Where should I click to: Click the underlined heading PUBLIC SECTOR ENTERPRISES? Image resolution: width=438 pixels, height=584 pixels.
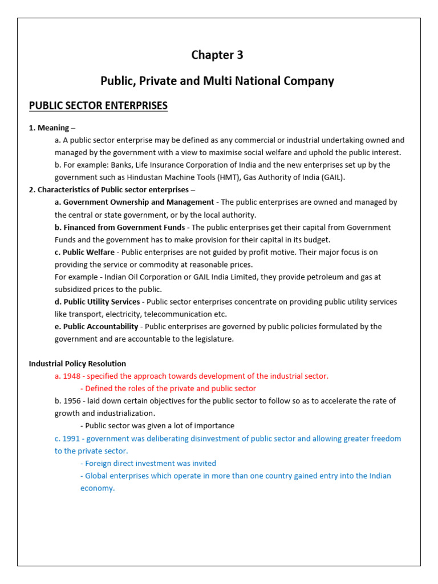(x=98, y=106)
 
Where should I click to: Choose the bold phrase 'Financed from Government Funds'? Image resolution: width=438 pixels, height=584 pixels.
(x=124, y=228)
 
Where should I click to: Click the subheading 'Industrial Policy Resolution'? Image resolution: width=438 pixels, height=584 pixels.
(x=78, y=363)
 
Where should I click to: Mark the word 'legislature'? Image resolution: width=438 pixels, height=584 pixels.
(x=213, y=339)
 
